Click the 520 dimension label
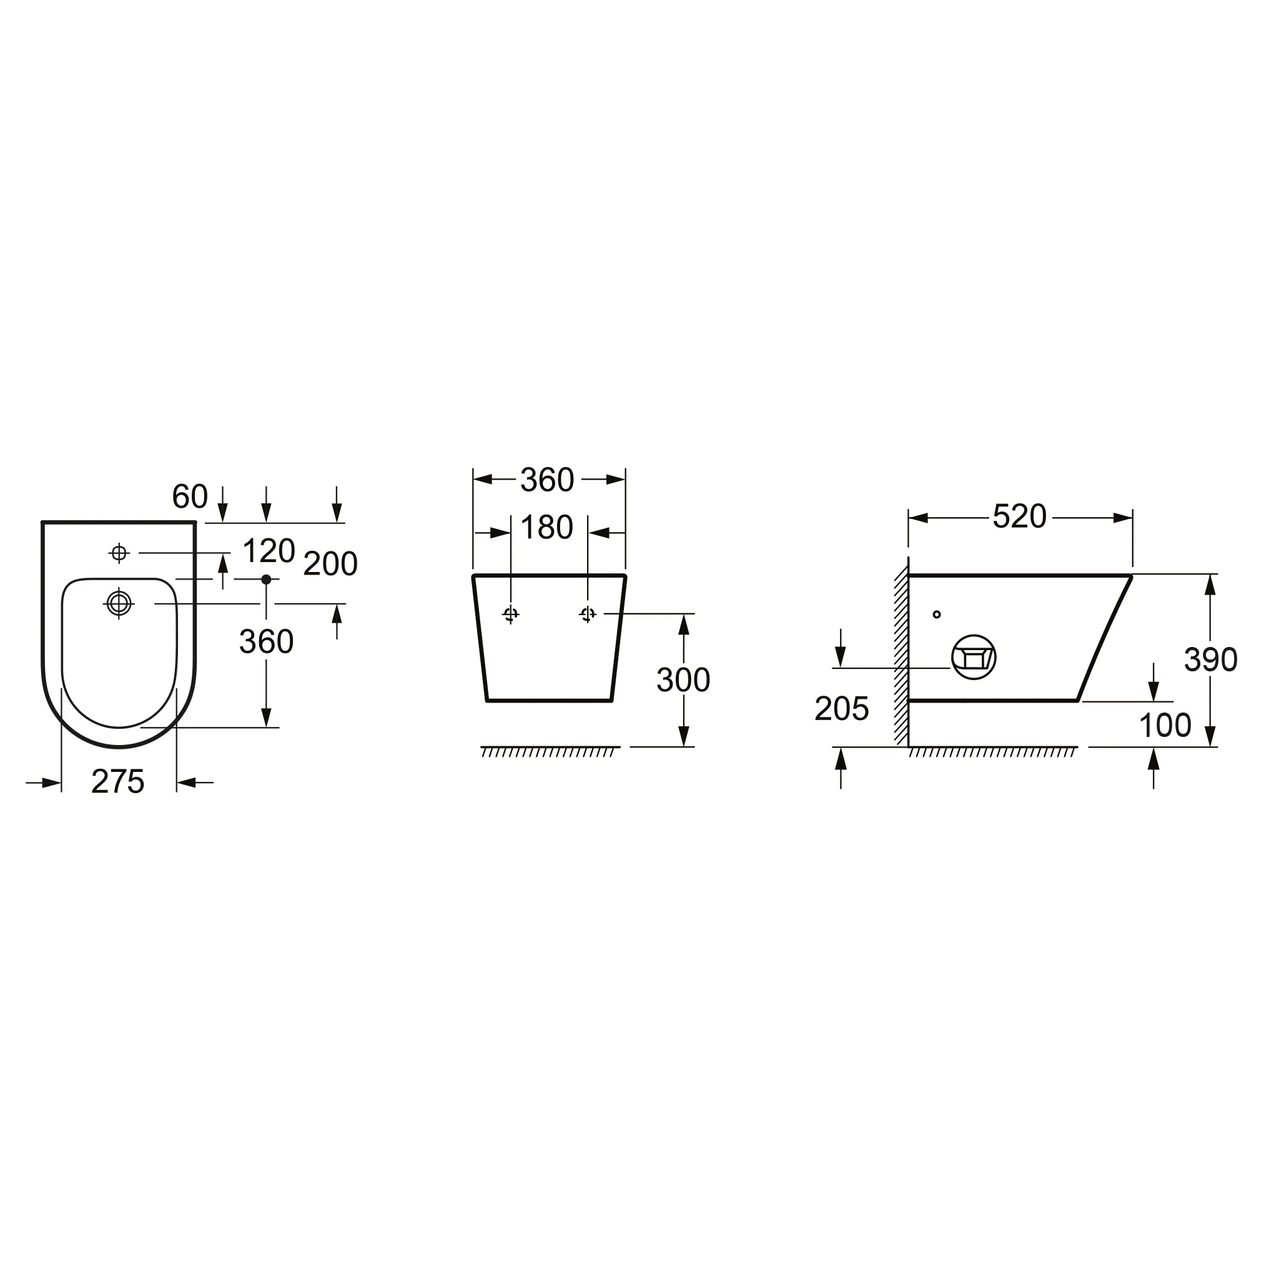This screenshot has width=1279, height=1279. (1019, 517)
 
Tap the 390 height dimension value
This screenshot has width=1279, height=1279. (1210, 660)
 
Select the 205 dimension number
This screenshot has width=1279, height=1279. (841, 709)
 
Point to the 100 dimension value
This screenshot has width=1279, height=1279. (1165, 726)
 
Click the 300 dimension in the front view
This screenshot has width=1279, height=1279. (683, 680)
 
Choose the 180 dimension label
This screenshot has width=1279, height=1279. (546, 528)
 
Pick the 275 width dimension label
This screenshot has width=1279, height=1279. (118, 782)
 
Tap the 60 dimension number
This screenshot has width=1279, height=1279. (190, 496)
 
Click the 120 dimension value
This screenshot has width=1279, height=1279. (268, 551)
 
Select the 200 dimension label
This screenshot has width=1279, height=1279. (330, 564)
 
